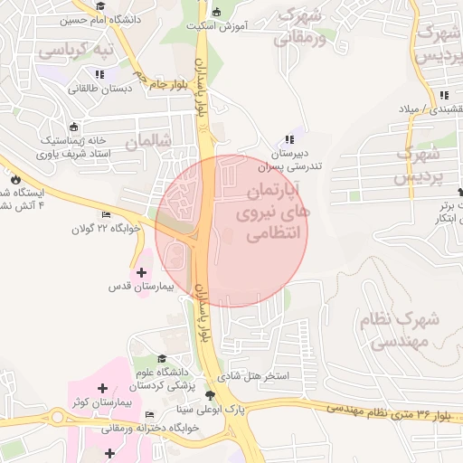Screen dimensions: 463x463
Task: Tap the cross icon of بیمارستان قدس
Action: coord(141,271)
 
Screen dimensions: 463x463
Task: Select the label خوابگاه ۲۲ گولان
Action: coord(108,229)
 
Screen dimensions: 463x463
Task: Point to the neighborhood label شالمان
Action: coord(148,142)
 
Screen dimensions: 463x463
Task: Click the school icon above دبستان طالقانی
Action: coord(99,74)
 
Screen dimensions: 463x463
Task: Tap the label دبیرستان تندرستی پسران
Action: coord(288,160)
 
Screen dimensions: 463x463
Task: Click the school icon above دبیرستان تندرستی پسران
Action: coord(288,139)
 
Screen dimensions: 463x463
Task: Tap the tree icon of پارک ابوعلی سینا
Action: coord(212,396)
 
